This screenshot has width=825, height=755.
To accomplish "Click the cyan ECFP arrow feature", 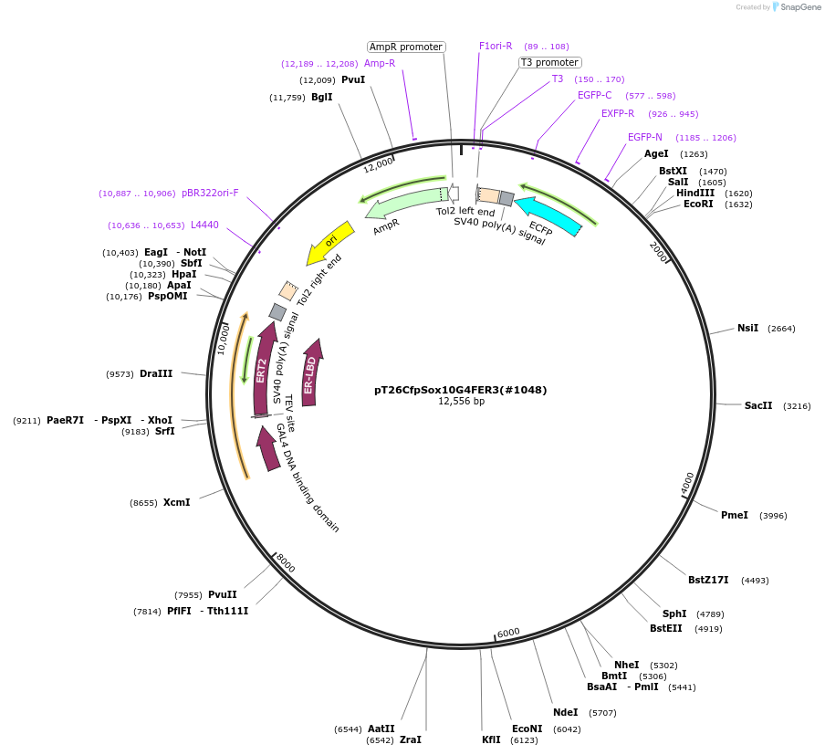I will pos(548,215).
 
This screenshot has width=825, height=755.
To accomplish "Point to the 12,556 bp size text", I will pos(461,401).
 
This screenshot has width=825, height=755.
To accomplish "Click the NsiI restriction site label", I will pos(747,328).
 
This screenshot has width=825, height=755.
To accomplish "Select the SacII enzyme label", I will pos(758,405).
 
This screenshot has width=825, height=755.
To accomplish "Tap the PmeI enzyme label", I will pos(735,515).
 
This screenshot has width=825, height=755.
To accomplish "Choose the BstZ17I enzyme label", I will pos(708,580).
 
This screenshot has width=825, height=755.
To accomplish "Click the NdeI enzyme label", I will pos(566,712).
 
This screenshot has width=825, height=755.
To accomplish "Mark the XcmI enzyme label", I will pos(177,502).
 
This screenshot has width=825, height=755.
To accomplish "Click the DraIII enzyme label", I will pos(156,373).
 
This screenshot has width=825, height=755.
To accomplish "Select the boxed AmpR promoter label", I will pos(406,47).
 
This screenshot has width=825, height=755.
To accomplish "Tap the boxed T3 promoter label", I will pos(549,62).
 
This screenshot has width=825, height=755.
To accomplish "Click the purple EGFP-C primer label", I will pos(595,95).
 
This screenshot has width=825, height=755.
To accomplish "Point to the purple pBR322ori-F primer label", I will pos(210,194).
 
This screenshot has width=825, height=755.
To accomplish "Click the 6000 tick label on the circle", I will pos(508,633).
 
